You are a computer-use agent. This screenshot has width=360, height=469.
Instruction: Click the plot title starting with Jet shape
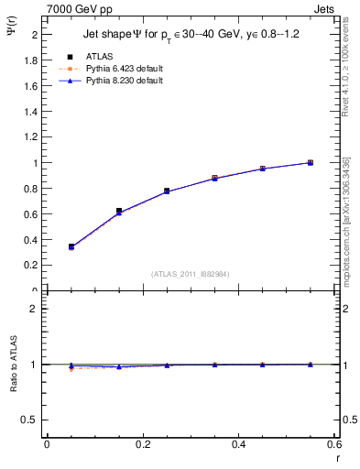click(184, 33)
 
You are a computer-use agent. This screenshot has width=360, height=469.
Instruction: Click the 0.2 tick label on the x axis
click(143, 444)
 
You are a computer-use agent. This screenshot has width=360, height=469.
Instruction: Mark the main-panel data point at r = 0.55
click(310, 162)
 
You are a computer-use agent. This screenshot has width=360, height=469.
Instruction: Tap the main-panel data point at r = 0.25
click(167, 191)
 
